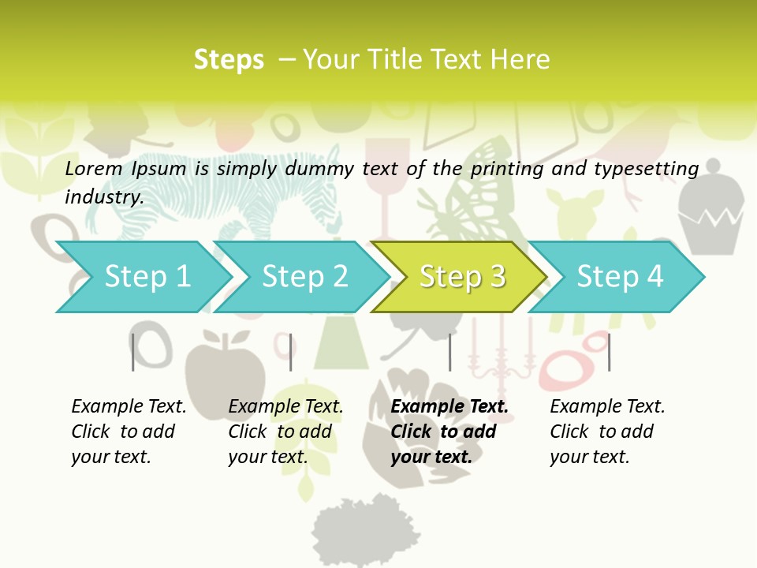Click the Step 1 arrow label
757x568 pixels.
coord(147,276)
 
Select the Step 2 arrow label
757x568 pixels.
coord(305,276)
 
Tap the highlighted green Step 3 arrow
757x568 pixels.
coord(462,276)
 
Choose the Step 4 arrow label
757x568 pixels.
coord(620,276)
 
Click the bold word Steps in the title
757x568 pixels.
coord(229,59)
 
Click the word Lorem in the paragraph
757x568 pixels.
coord(93,168)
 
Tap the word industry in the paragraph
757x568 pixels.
coord(103,196)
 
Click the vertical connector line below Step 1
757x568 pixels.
coord(133,352)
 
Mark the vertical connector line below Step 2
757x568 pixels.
coord(291,352)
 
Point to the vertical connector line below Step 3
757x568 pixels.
coord(449,352)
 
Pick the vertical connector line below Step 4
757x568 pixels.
coord(609,352)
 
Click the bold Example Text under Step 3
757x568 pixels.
coord(449,406)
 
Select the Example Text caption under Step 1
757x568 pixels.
coord(129,406)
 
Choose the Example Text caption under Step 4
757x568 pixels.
coord(607,406)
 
